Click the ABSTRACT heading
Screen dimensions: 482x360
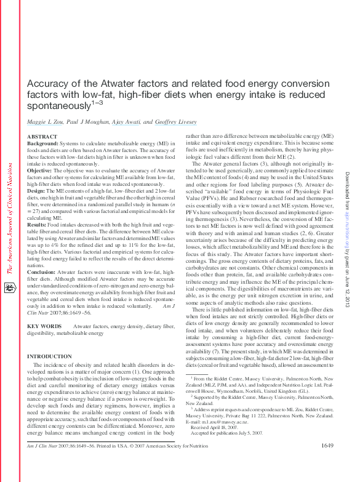click(42, 137)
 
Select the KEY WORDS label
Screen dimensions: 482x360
click(44, 326)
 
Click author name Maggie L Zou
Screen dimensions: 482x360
click(45, 123)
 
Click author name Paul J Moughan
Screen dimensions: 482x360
click(87, 123)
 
